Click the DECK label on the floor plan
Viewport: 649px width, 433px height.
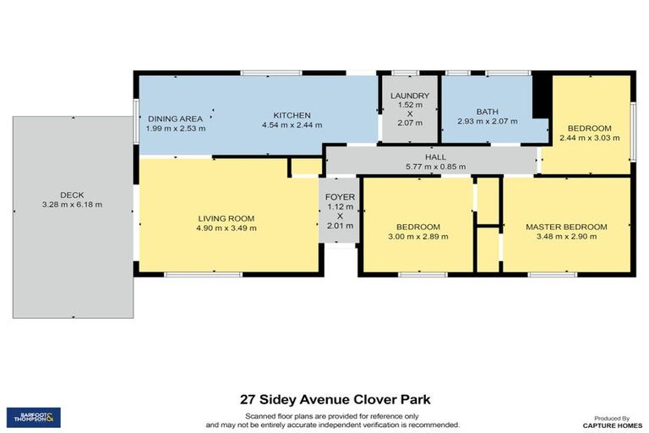[72, 195]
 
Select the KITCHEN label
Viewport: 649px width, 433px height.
[292, 116]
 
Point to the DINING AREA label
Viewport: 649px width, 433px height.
[175, 118]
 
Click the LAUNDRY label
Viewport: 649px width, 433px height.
[410, 96]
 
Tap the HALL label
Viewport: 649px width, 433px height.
[435, 157]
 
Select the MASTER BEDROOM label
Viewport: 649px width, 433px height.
[565, 227]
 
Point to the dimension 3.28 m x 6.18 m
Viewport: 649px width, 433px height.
[72, 205]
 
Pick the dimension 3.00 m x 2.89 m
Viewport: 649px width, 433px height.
[418, 237]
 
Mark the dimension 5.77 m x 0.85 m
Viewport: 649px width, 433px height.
[435, 167]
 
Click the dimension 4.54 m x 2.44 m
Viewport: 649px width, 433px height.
[292, 127]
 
